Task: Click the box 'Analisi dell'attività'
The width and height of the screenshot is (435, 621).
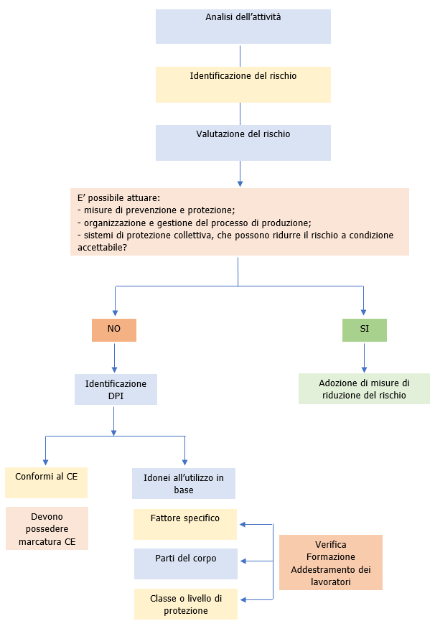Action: pos(243,27)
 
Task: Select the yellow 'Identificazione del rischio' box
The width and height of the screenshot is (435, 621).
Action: pos(243,84)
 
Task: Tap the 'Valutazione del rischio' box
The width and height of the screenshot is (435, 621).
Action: pos(243,142)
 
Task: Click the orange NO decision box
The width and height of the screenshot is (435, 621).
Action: pos(114,330)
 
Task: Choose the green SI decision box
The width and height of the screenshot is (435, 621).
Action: pos(364,330)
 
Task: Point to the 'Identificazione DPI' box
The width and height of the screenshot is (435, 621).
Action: pos(116,389)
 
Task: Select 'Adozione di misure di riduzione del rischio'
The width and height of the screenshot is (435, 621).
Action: pos(364,388)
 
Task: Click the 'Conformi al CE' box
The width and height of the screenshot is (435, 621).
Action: pos(46,483)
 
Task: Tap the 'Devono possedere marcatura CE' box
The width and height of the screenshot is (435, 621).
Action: pos(47,528)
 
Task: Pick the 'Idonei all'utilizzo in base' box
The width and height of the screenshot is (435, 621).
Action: pos(184,483)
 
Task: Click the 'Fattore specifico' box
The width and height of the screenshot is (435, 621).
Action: pos(185,525)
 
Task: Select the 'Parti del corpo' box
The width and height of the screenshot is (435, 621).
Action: pos(185,564)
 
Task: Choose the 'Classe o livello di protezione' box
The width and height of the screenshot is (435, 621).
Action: pos(185,604)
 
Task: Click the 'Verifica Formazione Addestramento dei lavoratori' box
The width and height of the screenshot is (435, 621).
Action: pos(331,562)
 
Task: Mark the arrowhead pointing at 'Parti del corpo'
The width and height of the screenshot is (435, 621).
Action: pos(243,561)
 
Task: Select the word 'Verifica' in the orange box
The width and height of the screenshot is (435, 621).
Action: pos(331,545)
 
